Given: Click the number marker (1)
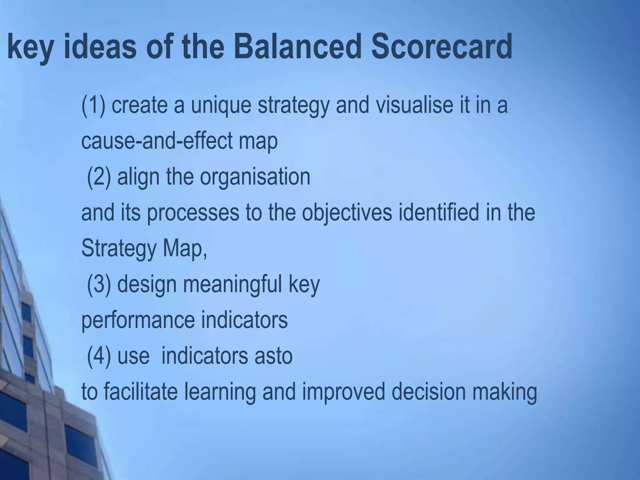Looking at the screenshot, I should pyautogui.click(x=93, y=106).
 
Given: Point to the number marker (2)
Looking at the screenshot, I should pyautogui.click(x=99, y=177).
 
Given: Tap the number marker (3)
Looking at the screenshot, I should pyautogui.click(x=99, y=284).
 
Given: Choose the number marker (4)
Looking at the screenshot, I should pyautogui.click(x=99, y=356).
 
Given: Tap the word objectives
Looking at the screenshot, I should pyautogui.click(x=347, y=213).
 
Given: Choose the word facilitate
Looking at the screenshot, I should pyautogui.click(x=140, y=392).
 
